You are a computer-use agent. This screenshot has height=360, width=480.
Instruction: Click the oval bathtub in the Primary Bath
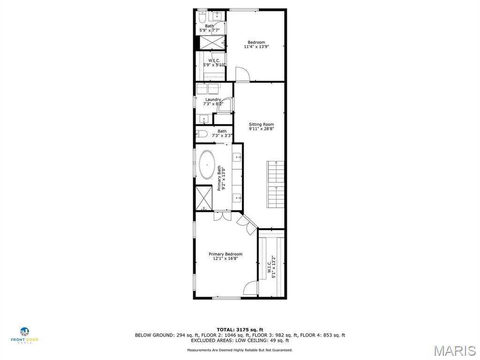(x=207, y=165)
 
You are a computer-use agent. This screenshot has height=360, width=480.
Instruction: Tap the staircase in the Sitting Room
(x=275, y=184)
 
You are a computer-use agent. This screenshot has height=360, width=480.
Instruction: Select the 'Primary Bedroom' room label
(x=225, y=254)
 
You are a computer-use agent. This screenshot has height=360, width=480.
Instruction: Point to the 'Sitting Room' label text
(x=261, y=124)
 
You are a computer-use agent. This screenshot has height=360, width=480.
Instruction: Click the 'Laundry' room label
(x=213, y=99)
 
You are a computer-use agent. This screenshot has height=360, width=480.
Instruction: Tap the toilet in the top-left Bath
(x=201, y=18)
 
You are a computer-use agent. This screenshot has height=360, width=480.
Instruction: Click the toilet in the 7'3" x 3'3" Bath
(x=202, y=134)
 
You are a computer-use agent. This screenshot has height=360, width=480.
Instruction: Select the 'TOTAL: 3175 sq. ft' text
(x=240, y=330)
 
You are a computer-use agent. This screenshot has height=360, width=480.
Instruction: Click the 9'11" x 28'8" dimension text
(x=261, y=129)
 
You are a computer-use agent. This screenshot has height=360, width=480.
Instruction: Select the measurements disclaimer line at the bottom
(x=240, y=350)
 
